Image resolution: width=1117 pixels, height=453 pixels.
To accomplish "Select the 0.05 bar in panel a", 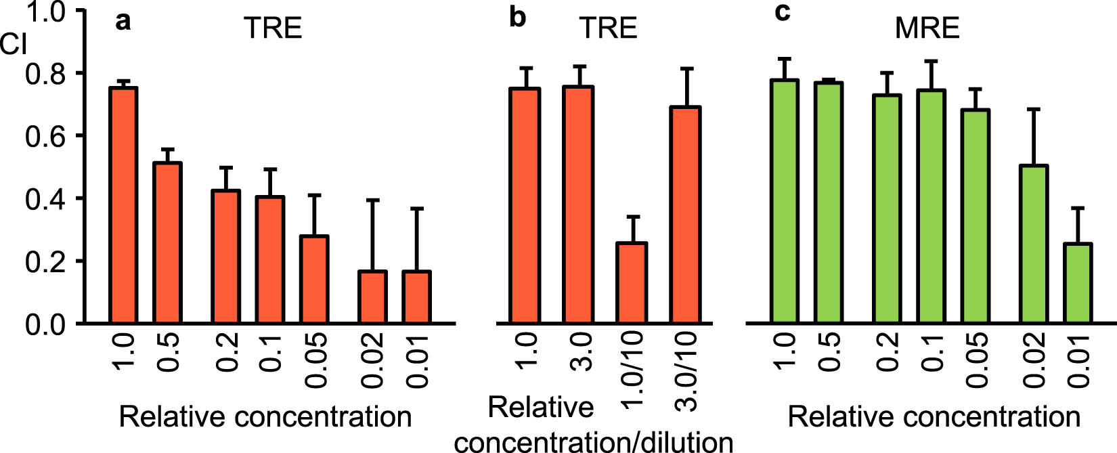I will [x=314, y=279].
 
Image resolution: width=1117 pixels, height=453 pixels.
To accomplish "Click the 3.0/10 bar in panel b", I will [x=685, y=215].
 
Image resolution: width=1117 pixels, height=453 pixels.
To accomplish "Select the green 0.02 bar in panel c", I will [x=1033, y=244].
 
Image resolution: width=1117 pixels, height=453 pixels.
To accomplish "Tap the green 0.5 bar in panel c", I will [x=829, y=202].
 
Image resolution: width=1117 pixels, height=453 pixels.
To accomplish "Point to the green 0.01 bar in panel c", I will [x=1077, y=282].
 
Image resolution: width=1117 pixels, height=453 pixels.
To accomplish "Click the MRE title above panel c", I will [x=927, y=28].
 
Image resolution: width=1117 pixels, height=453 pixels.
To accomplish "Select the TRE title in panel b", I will [x=608, y=28].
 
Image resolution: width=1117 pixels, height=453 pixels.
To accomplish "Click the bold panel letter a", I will [x=123, y=22].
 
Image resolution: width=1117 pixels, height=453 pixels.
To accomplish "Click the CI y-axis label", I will [x=14, y=45].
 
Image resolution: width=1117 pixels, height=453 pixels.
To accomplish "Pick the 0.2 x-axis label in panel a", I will [x=227, y=352].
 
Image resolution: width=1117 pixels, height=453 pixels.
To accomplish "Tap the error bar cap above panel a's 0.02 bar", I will [x=372, y=200].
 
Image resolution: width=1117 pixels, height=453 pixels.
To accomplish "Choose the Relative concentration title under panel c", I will [x=934, y=416].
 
